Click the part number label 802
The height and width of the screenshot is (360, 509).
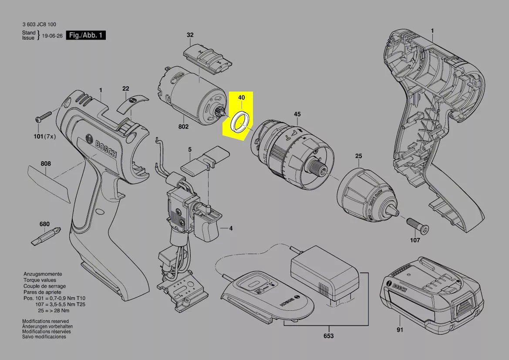click(183, 126)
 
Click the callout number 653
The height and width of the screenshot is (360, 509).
click(328, 336)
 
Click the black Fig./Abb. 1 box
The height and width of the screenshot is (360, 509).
click(86, 35)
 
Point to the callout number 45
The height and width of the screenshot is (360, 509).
click(297, 114)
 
